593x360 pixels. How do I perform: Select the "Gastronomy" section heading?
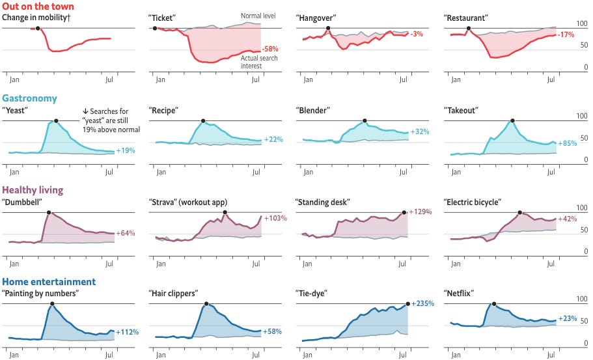[29, 98]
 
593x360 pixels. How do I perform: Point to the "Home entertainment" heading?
[49, 282]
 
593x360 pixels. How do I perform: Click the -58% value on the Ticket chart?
[270, 49]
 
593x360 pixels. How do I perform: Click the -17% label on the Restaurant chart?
[567, 34]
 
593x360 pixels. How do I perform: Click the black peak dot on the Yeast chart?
[56, 120]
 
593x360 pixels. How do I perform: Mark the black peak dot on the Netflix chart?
[494, 304]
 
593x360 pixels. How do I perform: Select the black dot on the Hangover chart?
[328, 28]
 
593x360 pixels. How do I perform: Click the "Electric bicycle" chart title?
[474, 202]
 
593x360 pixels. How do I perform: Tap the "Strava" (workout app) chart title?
[188, 202]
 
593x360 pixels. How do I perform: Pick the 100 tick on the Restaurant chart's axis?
[583, 23]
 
